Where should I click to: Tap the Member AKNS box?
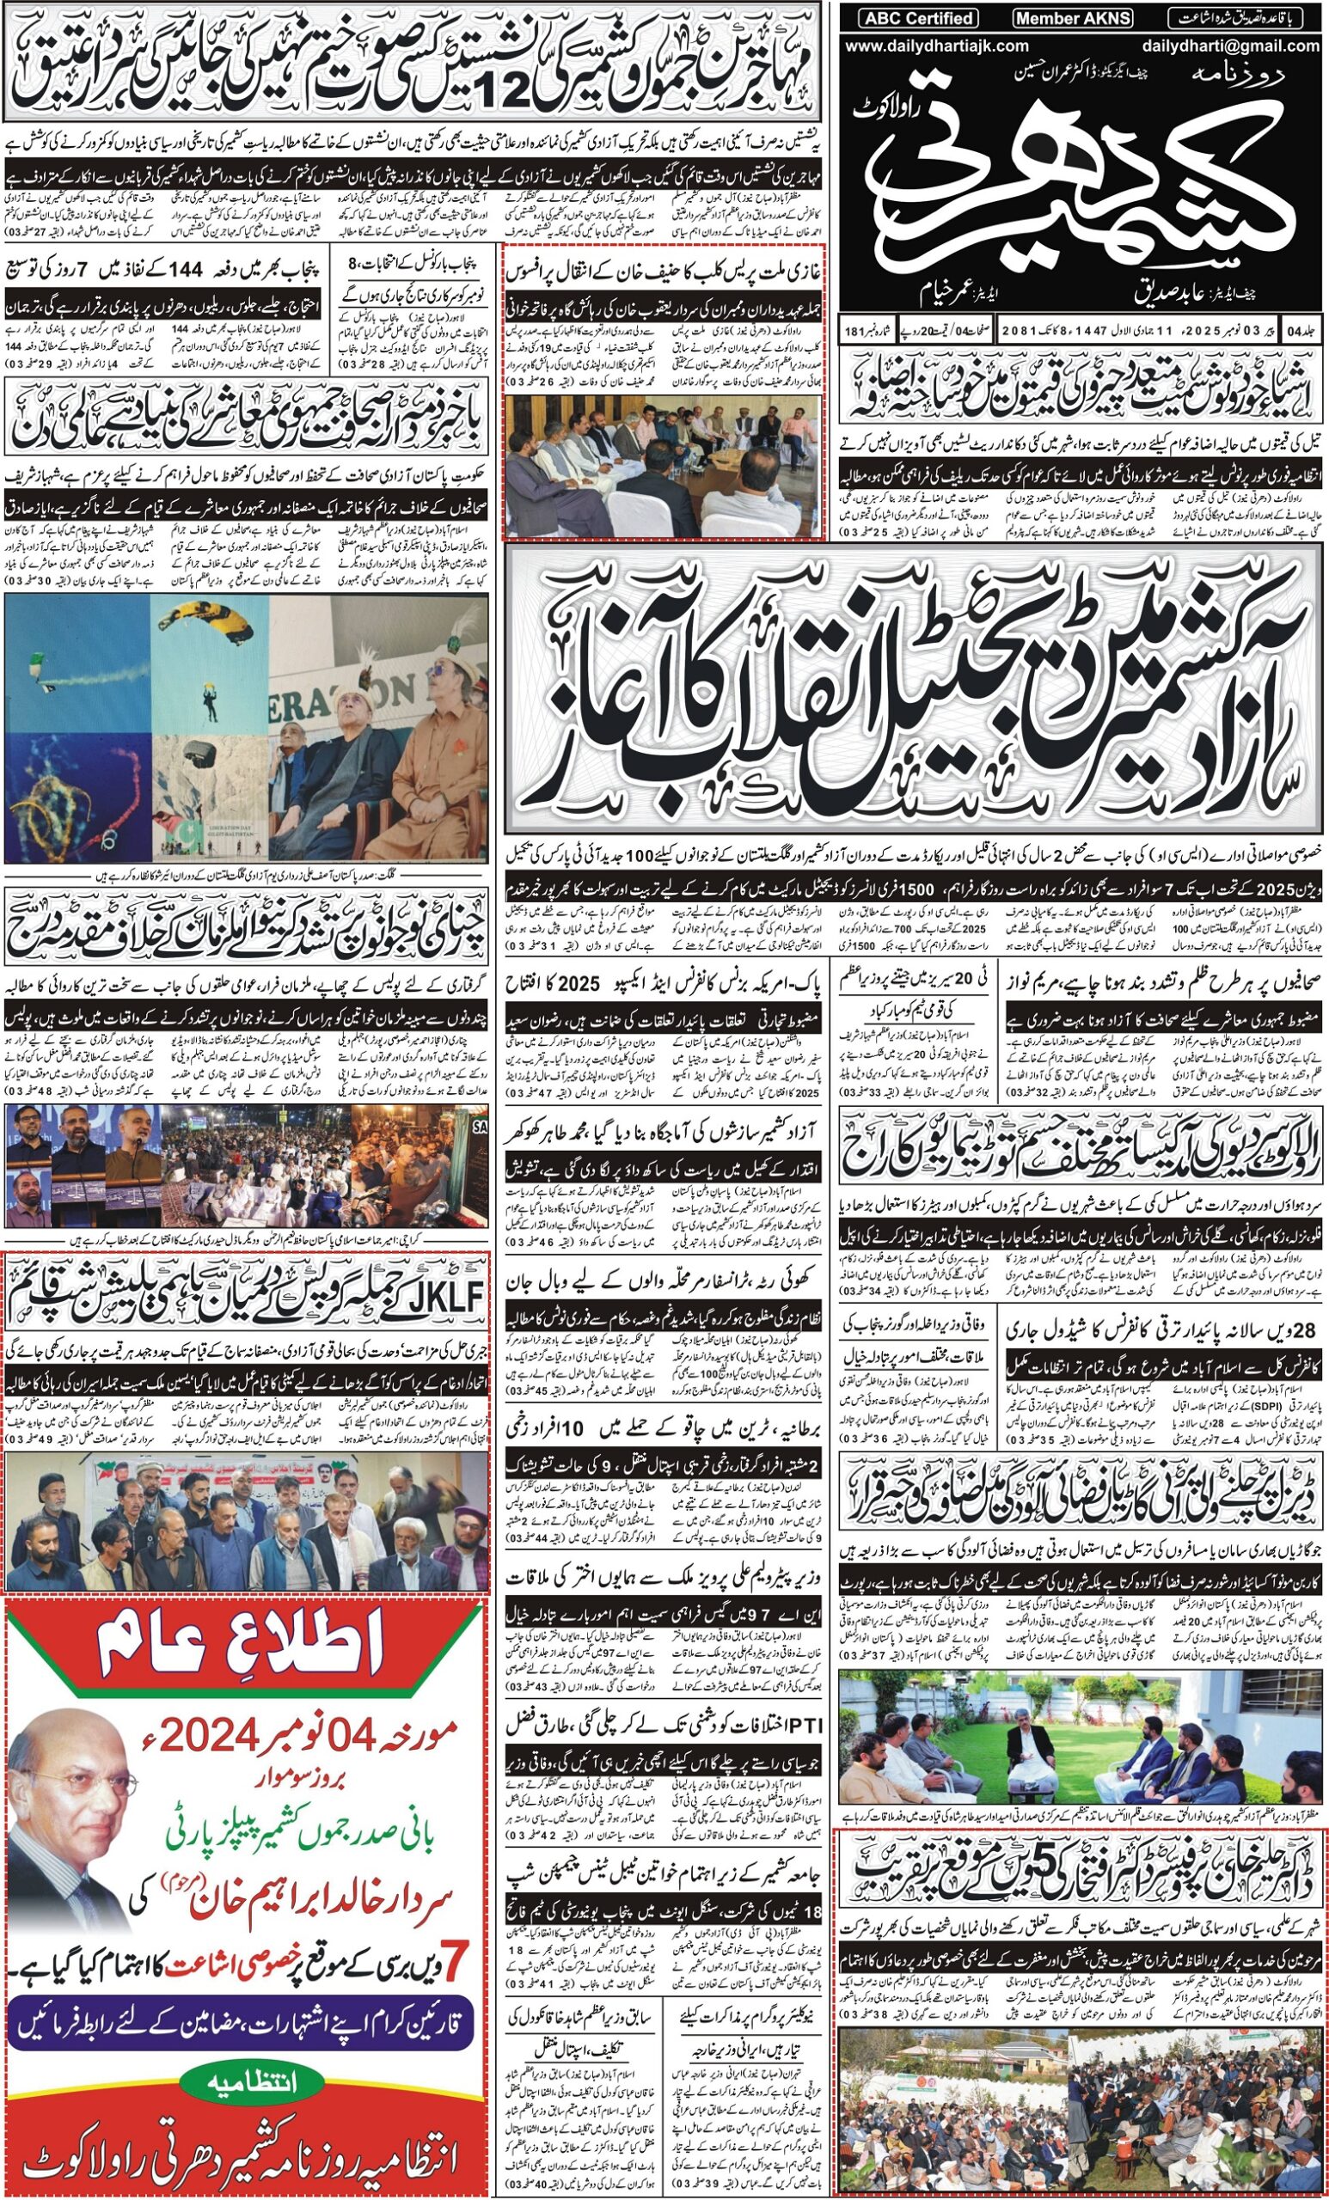point(1072,18)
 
